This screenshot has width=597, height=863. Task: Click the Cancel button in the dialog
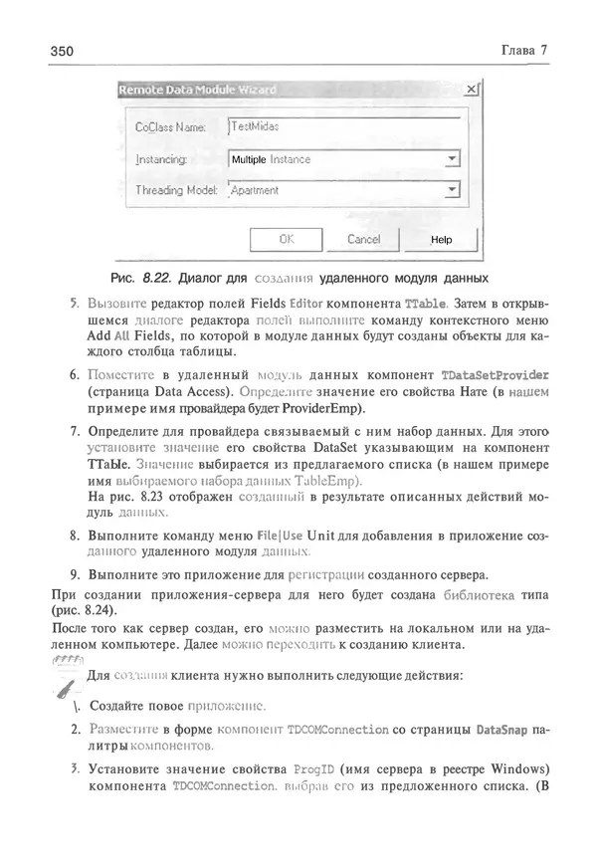point(363,239)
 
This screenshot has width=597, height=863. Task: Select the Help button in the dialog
point(441,239)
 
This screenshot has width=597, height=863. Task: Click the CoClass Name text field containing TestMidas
point(343,126)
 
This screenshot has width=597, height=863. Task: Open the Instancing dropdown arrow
point(452,158)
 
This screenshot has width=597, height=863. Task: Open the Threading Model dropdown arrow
point(452,189)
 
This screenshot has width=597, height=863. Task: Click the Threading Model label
point(175,190)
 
